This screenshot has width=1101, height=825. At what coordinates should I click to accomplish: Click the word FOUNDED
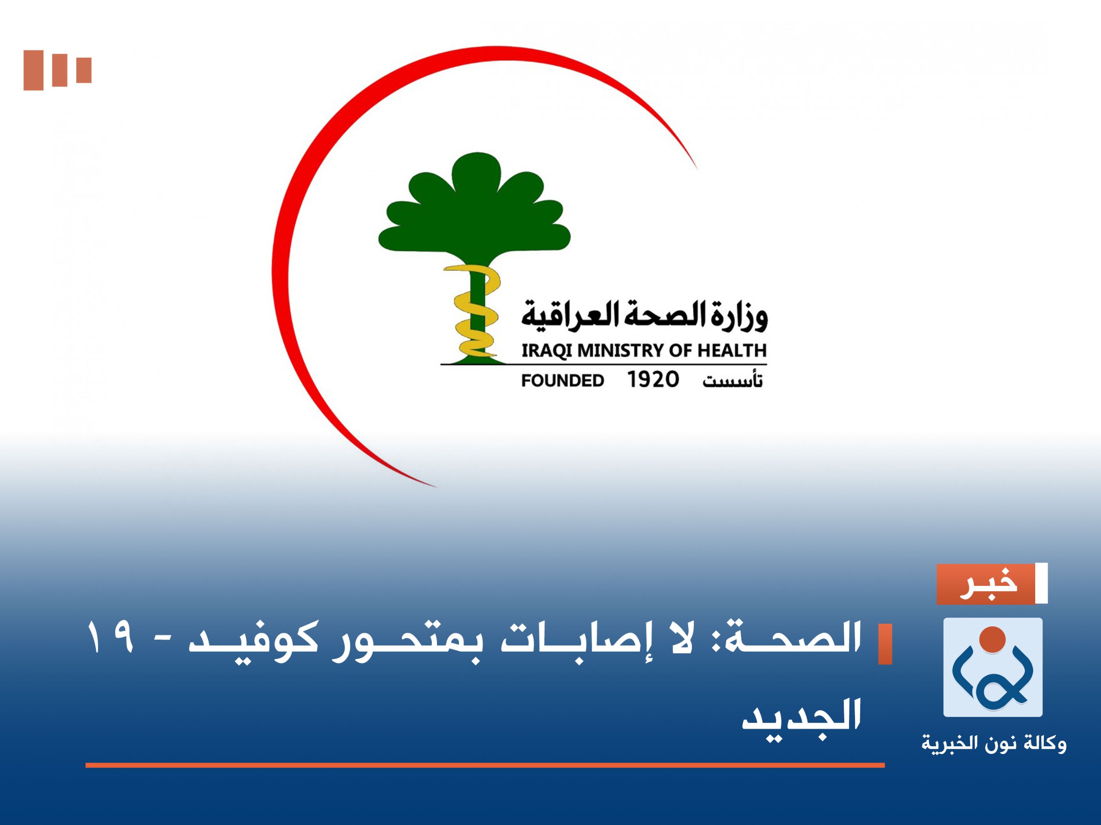[563, 381]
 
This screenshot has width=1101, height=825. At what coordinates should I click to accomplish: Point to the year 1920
[652, 380]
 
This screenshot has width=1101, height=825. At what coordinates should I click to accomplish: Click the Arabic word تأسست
[732, 381]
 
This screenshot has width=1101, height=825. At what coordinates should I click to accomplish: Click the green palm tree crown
[475, 209]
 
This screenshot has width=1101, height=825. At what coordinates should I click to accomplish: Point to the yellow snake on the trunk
[475, 314]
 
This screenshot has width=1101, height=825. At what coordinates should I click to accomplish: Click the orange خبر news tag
[986, 584]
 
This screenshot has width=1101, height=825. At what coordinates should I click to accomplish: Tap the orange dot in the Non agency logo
[992, 640]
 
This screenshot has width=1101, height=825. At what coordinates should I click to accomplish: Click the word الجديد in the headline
[801, 717]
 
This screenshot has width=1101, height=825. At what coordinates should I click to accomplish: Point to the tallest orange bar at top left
[34, 70]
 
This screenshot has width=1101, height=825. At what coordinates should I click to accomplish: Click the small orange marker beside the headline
[885, 644]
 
